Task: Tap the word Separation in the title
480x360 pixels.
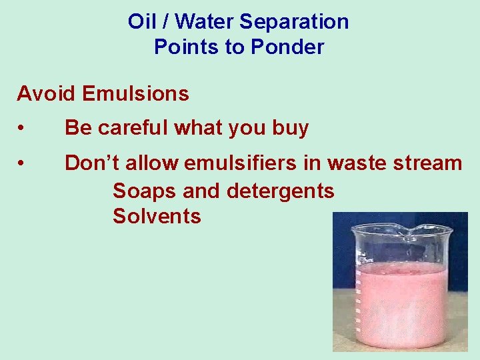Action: tap(294, 21)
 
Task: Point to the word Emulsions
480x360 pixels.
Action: tap(135, 94)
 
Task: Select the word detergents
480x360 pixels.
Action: tap(281, 191)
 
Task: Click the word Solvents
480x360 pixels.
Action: tap(157, 217)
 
